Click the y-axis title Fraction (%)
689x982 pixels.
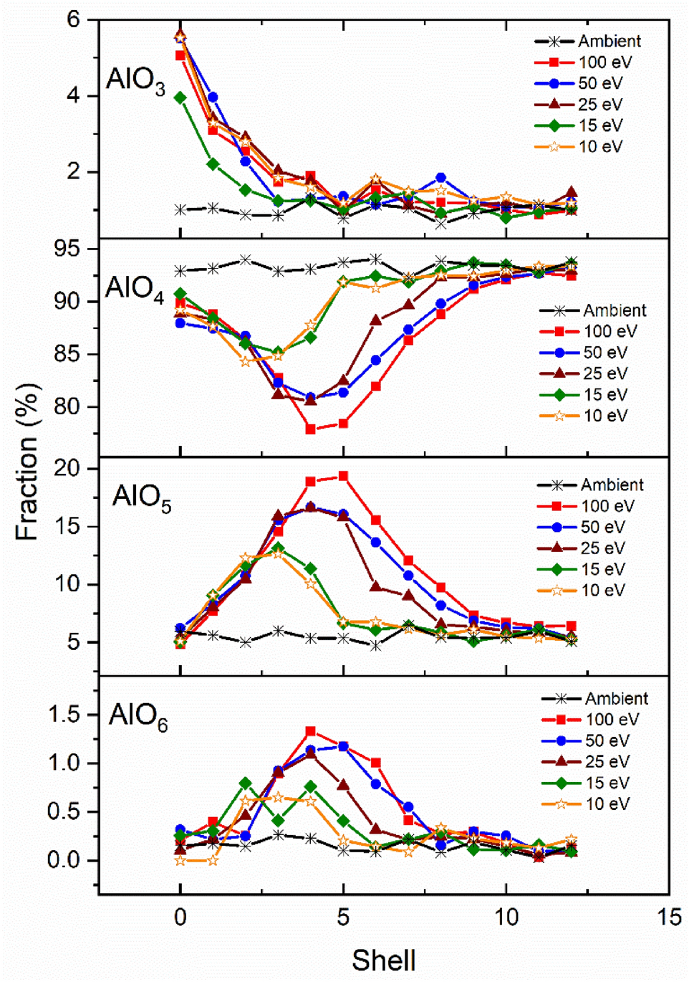[27, 462]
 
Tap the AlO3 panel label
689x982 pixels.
[135, 80]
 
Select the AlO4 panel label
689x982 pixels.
[134, 288]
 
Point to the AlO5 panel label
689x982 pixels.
[142, 497]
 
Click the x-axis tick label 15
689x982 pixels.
[670, 917]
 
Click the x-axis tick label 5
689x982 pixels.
[343, 917]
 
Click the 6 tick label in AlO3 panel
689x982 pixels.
[74, 19]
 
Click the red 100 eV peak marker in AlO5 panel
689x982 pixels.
[343, 476]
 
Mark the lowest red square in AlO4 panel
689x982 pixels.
[311, 429]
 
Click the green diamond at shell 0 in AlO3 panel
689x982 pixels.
[180, 97]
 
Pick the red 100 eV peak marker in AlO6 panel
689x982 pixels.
[311, 731]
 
